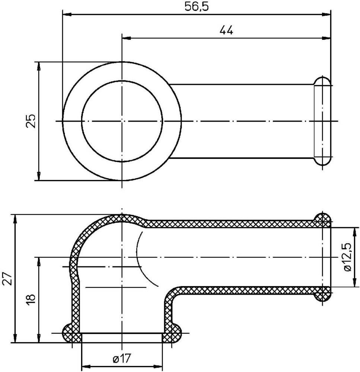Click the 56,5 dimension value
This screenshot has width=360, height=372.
pyautogui.click(x=197, y=7)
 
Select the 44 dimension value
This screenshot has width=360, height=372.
pyautogui.click(x=226, y=31)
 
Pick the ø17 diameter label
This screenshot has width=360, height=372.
pyautogui.click(x=121, y=359)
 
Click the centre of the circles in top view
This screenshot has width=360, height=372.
pyautogui.click(x=122, y=121)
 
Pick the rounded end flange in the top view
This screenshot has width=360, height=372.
pyautogui.click(x=322, y=121)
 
